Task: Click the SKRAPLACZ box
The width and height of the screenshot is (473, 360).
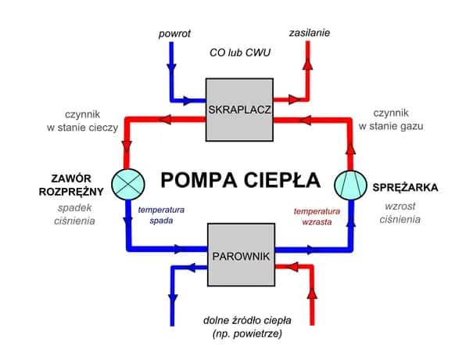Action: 239,110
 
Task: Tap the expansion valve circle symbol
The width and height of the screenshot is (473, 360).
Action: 125,182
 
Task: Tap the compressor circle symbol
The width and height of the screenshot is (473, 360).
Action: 349,185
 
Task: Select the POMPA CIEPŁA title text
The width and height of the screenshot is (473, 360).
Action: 239,179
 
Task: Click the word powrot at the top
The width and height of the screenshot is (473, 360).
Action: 174,34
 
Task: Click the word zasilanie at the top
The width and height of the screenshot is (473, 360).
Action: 309,34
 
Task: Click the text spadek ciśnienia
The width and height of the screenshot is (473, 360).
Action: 76,214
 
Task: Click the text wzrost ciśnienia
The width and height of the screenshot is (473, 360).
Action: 400,214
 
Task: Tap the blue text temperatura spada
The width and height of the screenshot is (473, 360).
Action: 161,215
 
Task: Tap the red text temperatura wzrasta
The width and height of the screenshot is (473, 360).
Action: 317,216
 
